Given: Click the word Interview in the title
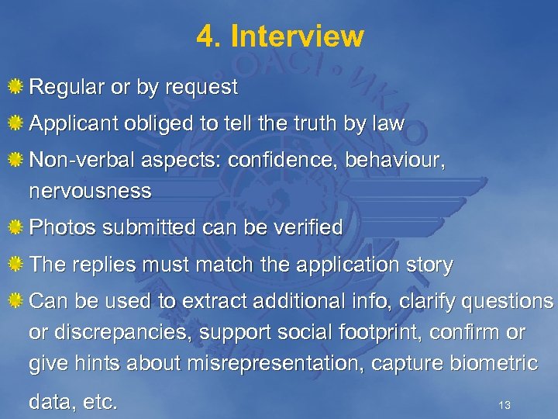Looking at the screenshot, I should (x=297, y=36).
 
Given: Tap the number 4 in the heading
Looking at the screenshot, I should (x=205, y=36).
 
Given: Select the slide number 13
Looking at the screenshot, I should (x=505, y=405).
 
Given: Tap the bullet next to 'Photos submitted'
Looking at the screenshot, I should (x=15, y=227).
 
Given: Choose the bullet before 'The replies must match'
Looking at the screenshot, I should (x=15, y=265).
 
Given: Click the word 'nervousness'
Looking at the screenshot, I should (x=90, y=191).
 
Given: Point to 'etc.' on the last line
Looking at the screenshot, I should (x=102, y=402).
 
